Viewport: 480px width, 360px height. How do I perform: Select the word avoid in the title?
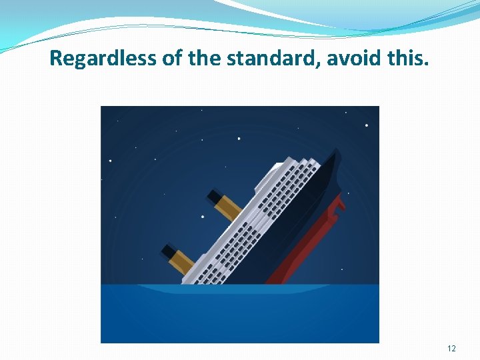pos(351,59)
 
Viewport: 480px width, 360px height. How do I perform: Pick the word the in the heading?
pos(203,59)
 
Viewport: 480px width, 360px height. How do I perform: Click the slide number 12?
pos(452,349)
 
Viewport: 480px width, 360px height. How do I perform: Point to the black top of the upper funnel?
pos(214,196)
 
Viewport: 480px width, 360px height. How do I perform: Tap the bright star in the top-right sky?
pos(366,125)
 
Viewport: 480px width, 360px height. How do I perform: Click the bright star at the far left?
pos(111,161)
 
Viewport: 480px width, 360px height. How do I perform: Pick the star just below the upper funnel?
pos(203,217)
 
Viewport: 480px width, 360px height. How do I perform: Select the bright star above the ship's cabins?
pos(239,139)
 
